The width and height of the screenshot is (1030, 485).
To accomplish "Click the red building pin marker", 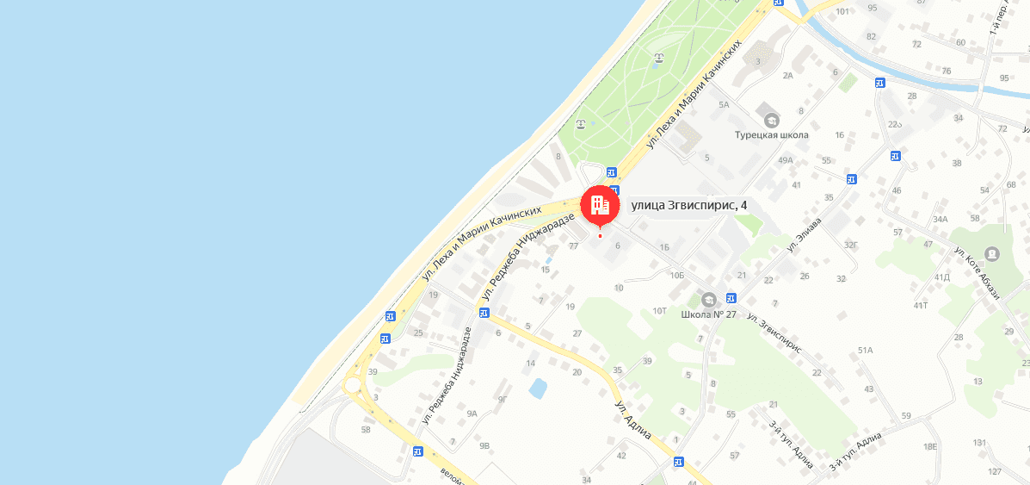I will click(600, 205).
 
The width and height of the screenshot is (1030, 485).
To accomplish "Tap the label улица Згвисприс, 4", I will click(689, 205).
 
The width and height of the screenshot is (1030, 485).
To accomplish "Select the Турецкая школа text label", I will click(771, 135).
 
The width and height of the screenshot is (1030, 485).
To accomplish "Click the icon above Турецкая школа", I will click(771, 120).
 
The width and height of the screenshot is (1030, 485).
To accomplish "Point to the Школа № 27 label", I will click(708, 314).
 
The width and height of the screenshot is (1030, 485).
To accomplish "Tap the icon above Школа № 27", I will click(708, 299).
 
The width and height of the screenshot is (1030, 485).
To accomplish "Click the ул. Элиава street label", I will click(805, 234).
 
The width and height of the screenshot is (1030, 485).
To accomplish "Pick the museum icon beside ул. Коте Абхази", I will click(993, 254).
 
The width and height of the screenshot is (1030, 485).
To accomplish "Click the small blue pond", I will click(538, 389).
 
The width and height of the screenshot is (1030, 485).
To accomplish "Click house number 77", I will click(574, 246).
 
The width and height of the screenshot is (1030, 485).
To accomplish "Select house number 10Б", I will click(676, 276).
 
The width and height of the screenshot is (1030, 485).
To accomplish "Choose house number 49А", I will click(785, 160).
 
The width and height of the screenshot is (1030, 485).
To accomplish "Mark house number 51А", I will click(865, 351).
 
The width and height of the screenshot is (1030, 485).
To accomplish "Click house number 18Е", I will click(929, 446).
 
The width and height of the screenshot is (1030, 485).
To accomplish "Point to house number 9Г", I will click(503, 399).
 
